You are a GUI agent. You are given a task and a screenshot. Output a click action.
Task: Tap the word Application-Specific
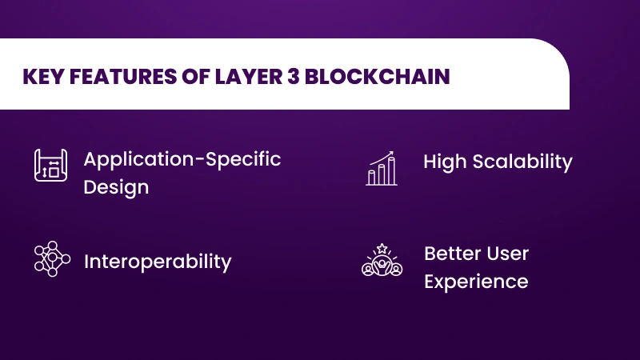(182, 158)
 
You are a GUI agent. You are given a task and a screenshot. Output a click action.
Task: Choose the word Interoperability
(158, 262)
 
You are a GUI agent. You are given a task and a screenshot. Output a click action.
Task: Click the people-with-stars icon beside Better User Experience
(382, 261)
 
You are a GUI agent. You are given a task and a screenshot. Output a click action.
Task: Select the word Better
(450, 254)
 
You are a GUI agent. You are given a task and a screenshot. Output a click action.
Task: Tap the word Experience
(476, 282)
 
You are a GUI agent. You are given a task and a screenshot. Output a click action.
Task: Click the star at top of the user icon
(382, 247)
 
